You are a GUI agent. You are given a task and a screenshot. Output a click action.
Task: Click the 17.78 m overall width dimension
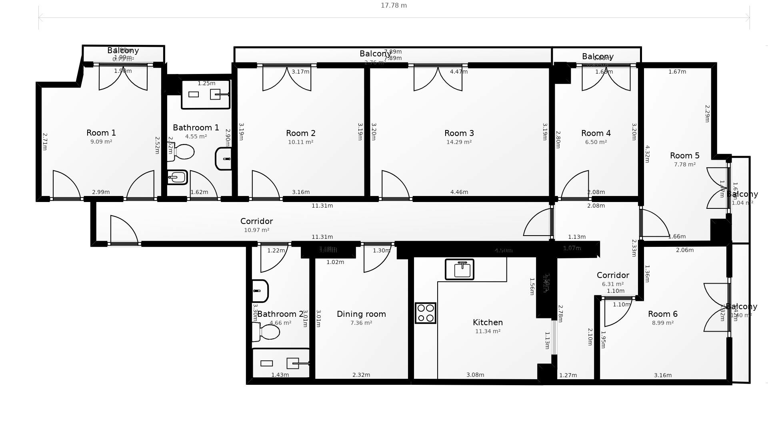(x=394, y=6)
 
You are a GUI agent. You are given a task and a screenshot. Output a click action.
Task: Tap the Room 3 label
(x=459, y=133)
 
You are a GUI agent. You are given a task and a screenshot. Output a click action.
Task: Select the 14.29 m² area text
(x=459, y=142)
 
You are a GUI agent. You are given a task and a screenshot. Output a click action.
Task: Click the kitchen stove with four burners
(x=425, y=313)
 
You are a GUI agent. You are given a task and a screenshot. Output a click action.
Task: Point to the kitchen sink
(x=460, y=269)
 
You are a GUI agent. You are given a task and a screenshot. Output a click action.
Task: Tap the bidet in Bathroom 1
(x=177, y=177)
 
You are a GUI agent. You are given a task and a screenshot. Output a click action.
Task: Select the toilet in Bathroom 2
(x=267, y=332)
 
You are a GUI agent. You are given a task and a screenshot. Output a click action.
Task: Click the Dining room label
(x=361, y=314)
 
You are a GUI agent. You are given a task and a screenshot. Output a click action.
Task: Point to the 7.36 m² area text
(x=361, y=323)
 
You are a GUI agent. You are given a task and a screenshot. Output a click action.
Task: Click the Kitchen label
(x=488, y=322)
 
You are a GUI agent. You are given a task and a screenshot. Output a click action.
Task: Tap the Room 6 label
(x=662, y=314)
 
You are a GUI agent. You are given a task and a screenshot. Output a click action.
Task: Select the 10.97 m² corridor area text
(x=256, y=230)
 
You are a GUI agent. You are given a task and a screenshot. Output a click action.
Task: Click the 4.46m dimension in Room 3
(x=459, y=192)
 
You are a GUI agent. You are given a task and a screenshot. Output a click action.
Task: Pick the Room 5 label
(x=684, y=156)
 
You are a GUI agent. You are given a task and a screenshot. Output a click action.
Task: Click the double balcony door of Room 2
(x=287, y=78)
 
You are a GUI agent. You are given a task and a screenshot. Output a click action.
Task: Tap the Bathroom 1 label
(x=196, y=128)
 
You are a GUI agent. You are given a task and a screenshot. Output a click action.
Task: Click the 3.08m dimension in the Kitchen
(x=475, y=375)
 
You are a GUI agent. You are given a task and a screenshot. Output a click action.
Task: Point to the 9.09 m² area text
(x=101, y=142)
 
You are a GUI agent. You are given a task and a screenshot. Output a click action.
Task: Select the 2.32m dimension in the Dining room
(x=361, y=375)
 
